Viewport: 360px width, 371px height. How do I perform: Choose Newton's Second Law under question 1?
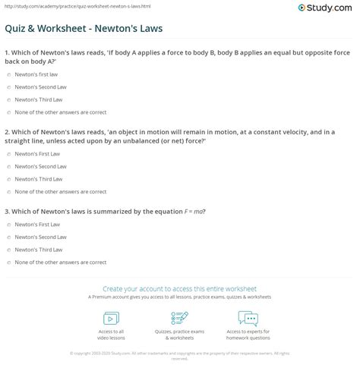pos(8,88)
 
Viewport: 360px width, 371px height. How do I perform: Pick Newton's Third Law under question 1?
pos(8,99)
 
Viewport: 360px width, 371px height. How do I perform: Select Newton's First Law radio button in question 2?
pos(8,153)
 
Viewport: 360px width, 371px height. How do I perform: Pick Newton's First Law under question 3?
pos(8,224)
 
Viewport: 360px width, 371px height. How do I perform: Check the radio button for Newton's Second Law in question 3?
pos(8,236)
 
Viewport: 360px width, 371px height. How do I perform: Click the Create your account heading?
pos(180,288)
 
